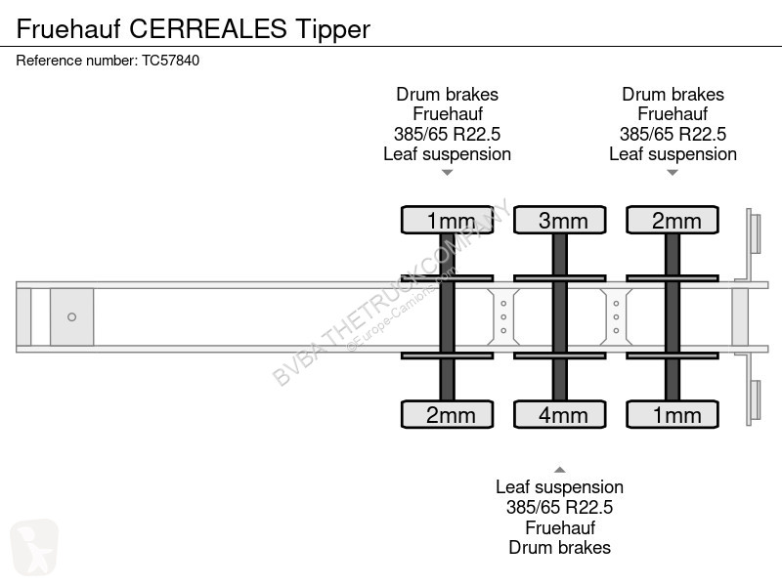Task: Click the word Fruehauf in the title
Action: coord(68,28)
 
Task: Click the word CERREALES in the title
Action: coord(208,28)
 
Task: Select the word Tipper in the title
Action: coord(332,30)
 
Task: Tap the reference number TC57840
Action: coord(170,61)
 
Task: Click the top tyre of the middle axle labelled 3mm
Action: coord(559,220)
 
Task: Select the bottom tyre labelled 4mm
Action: coord(559,414)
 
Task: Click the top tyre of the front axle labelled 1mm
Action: coord(448,220)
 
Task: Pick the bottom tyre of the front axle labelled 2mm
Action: coord(448,414)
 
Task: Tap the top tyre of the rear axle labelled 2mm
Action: coord(673,220)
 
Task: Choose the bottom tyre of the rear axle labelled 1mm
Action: coord(673,414)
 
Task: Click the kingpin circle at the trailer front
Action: coord(71,316)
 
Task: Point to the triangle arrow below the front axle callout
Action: coord(448,173)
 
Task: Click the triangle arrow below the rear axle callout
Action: coord(673,173)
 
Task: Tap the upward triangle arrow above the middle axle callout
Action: coord(559,470)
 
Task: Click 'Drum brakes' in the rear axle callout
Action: coord(673,94)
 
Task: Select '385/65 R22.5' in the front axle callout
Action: coord(448,134)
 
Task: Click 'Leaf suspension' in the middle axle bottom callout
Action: coord(559,487)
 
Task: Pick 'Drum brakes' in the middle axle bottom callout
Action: coord(559,548)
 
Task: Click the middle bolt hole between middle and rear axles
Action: coord(617,316)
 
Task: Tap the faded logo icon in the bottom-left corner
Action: coord(34,547)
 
